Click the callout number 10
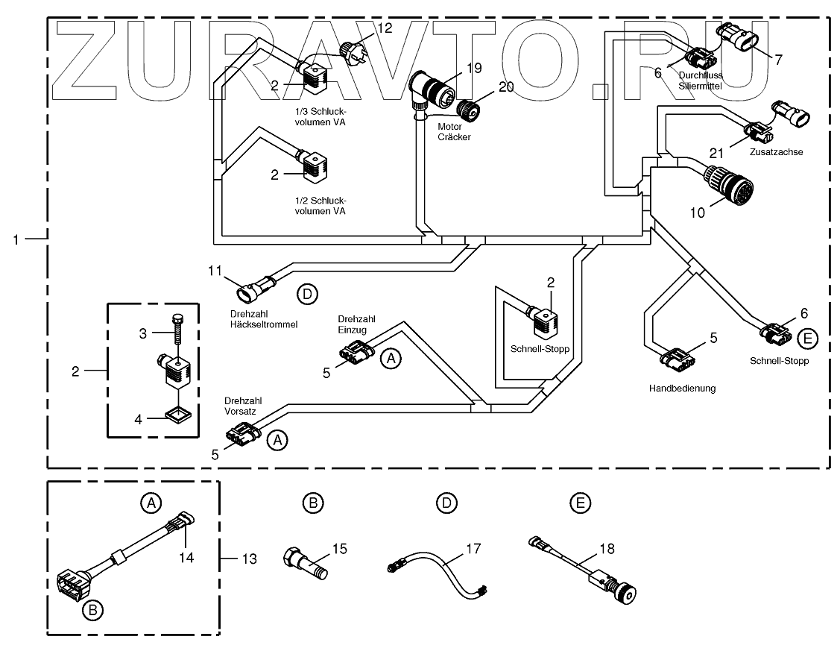click(x=696, y=213)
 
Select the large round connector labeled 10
click(x=729, y=185)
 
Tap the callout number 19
click(x=474, y=68)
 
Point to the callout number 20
click(x=506, y=87)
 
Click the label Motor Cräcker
click(x=454, y=132)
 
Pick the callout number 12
click(x=384, y=28)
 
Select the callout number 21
click(x=716, y=153)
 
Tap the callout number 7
click(x=778, y=60)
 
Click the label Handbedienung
click(x=682, y=388)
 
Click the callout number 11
click(x=215, y=271)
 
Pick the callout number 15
click(x=339, y=550)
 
